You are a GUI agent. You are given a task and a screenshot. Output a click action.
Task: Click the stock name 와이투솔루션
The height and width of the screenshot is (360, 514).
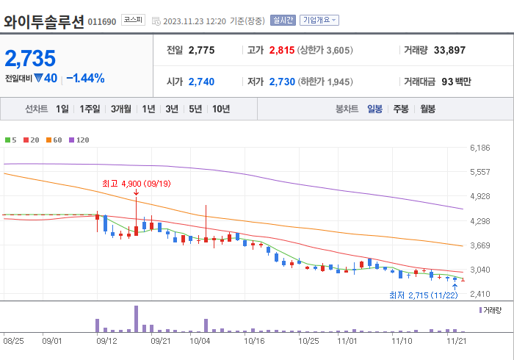[x=44, y=21]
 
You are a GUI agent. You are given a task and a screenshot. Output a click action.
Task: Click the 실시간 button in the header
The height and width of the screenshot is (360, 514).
[x=282, y=21]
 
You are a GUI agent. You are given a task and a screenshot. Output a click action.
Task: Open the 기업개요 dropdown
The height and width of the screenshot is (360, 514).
[x=320, y=21]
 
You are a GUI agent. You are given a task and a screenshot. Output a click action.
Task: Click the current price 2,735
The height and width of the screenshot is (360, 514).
[x=31, y=59]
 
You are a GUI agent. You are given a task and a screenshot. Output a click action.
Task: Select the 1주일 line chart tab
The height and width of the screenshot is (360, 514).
[x=90, y=109]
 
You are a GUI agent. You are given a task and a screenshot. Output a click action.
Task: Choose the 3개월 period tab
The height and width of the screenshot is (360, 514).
[x=121, y=109]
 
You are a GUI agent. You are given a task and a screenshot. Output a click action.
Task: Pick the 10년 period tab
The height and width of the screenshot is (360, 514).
[x=220, y=109]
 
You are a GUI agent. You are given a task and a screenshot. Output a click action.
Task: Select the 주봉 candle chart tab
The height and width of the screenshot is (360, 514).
[x=401, y=109]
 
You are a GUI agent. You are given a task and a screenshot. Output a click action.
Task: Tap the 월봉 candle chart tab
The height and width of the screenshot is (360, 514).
[x=427, y=109]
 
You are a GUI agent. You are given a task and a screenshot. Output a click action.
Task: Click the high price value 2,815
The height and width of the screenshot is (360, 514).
[x=281, y=50]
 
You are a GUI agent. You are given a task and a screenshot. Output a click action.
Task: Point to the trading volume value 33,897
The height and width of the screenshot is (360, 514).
[x=449, y=50]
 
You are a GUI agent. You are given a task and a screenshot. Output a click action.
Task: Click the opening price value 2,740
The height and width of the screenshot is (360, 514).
[x=201, y=82]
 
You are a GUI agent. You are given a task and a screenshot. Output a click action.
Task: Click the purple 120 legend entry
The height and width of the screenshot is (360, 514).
[x=79, y=140]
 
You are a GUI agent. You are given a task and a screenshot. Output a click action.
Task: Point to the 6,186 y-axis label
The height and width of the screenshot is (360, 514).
[x=479, y=148]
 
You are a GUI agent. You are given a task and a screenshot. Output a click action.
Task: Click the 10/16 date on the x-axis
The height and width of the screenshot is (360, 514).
[x=253, y=341]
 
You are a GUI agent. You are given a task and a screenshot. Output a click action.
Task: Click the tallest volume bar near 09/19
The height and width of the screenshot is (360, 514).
[x=136, y=319]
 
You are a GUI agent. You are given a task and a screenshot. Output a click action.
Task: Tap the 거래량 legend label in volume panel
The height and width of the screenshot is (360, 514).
[x=491, y=311]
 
